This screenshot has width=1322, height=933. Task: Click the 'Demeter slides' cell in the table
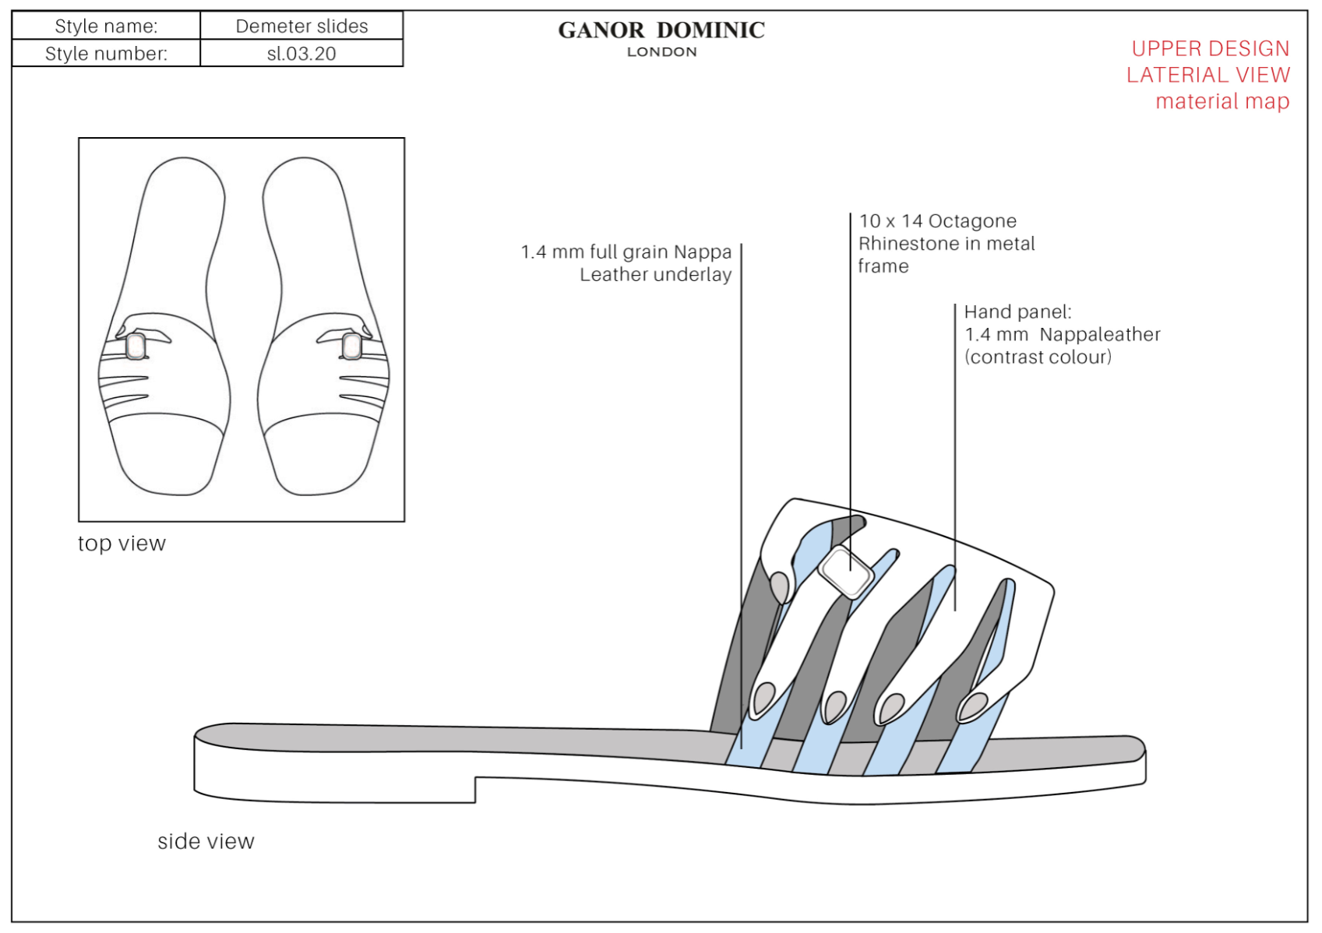(301, 26)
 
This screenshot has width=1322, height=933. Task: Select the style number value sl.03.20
(301, 54)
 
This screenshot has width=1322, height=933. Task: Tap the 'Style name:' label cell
(106, 26)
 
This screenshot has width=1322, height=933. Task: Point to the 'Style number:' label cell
(106, 54)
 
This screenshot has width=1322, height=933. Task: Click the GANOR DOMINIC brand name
(661, 30)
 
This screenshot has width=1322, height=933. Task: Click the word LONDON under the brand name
(661, 52)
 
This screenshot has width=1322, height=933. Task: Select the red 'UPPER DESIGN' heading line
(1210, 48)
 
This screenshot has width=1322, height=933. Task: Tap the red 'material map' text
(1222, 101)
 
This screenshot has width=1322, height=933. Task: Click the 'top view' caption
(122, 543)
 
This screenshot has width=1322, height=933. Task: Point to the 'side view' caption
(206, 841)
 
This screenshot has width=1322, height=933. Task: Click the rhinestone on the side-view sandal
(847, 572)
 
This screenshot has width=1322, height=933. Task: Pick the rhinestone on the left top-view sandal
(136, 346)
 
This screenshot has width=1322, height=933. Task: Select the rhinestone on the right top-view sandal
(351, 346)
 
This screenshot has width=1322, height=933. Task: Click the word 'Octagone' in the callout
(972, 221)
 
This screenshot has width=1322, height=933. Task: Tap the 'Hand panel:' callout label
(1017, 312)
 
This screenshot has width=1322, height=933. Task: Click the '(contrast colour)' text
(1038, 357)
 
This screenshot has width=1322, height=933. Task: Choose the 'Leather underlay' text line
(655, 275)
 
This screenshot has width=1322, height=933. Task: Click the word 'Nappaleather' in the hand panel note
(1099, 335)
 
